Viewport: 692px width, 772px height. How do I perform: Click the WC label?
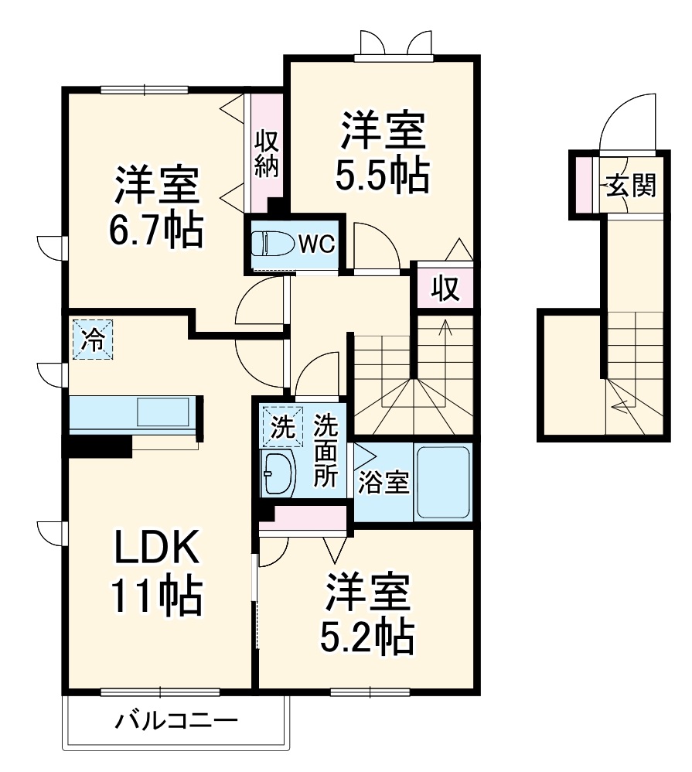[x=316, y=244]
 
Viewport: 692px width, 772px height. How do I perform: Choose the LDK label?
[x=158, y=550]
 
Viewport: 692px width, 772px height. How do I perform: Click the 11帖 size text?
[x=158, y=596]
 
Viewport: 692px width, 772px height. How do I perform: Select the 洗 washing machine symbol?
[x=281, y=427]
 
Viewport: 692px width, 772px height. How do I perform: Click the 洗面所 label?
[x=326, y=451]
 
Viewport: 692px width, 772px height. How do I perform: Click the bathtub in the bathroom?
[x=444, y=482]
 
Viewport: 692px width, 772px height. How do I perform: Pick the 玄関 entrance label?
[x=630, y=186]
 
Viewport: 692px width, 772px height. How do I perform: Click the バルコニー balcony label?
[x=176, y=723]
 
